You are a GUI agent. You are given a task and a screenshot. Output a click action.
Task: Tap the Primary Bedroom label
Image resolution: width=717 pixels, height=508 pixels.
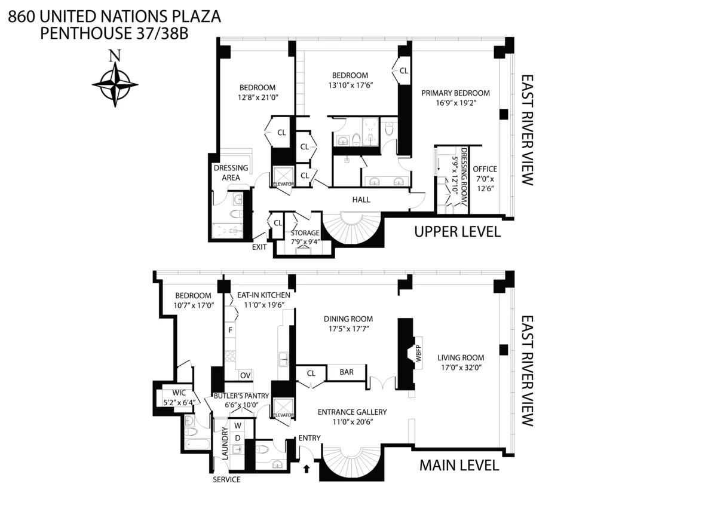[455, 93]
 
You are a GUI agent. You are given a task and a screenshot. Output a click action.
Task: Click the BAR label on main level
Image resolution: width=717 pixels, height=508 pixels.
[347, 372]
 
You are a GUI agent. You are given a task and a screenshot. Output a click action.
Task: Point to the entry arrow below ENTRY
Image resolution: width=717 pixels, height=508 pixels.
[307, 469]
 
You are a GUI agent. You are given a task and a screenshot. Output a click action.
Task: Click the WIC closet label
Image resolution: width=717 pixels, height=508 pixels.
[180, 393]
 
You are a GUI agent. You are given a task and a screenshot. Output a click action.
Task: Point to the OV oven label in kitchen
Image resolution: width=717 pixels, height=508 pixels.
[244, 375]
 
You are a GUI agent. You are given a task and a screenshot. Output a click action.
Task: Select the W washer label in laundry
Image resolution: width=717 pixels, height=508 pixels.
[237, 426]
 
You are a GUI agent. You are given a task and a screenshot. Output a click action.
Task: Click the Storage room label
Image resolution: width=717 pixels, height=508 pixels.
[305, 233]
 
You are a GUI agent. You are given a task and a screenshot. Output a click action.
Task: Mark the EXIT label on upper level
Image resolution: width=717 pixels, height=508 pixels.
[259, 246]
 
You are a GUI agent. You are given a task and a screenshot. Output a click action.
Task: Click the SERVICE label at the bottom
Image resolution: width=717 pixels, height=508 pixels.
[228, 480]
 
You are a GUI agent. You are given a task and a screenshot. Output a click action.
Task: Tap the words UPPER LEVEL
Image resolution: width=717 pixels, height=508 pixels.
[457, 232]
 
